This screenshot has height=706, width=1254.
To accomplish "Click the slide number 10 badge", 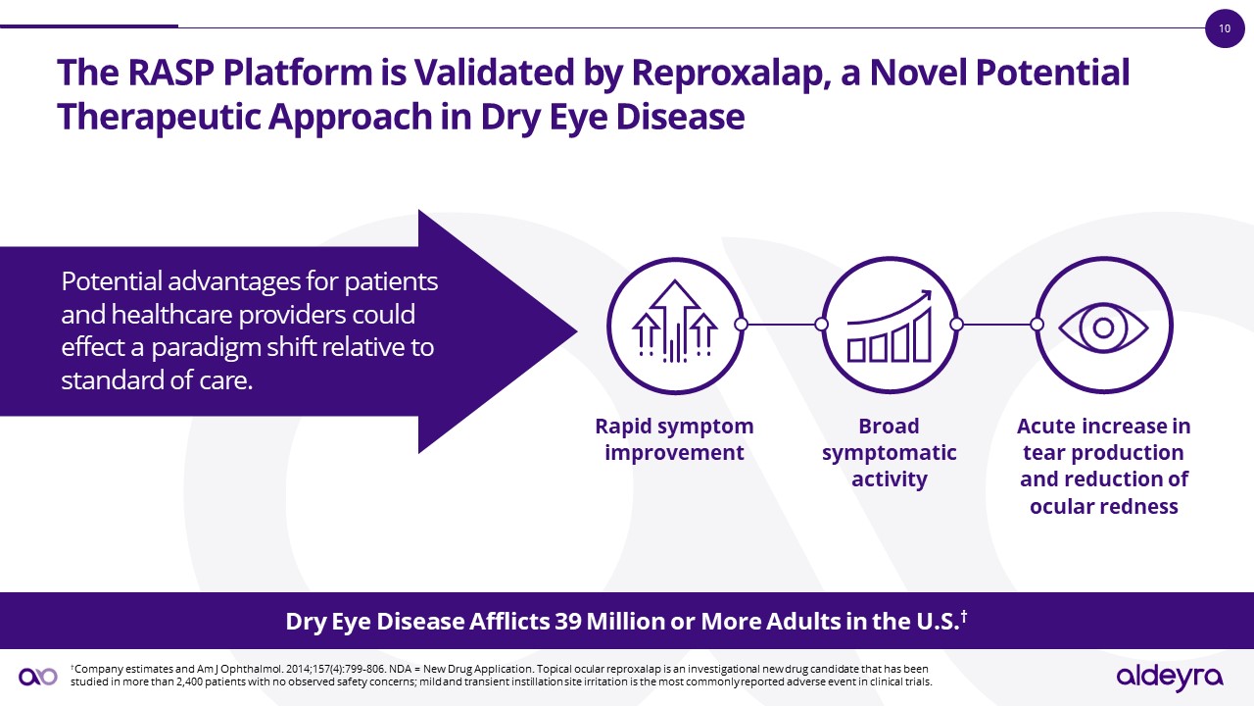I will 1224,28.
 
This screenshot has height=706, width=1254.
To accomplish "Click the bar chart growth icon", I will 889,324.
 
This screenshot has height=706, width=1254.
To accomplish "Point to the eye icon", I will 1103,324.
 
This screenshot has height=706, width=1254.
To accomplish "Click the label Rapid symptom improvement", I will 674,439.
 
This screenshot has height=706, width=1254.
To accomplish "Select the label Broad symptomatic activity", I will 889,453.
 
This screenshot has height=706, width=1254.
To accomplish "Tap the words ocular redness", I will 1103,507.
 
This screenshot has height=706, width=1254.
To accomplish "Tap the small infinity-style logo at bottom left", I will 38,676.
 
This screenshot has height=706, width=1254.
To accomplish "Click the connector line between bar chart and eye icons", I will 996,324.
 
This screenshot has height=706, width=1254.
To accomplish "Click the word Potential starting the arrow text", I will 110,282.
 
